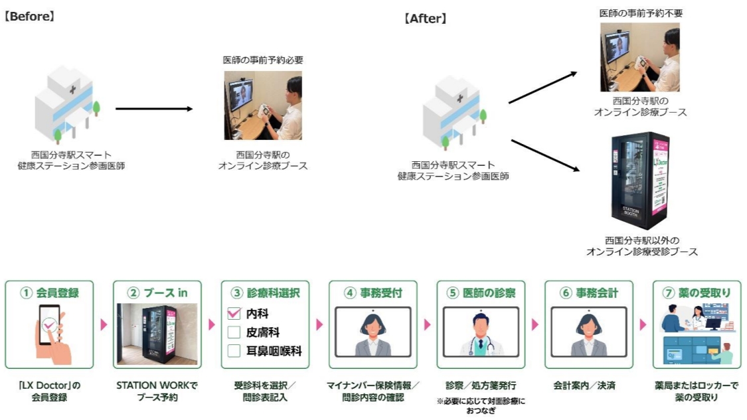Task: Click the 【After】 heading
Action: coord(425,19)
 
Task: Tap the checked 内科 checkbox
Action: coord(233,313)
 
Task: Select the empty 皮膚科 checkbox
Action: coord(233,332)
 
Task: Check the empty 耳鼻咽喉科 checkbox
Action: coord(233,351)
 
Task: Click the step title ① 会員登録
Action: coord(49,292)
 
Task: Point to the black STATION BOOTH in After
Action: coord(639,180)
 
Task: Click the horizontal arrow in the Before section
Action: coord(153,108)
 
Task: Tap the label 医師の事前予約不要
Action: coord(640,13)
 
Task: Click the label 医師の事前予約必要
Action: coord(263,60)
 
